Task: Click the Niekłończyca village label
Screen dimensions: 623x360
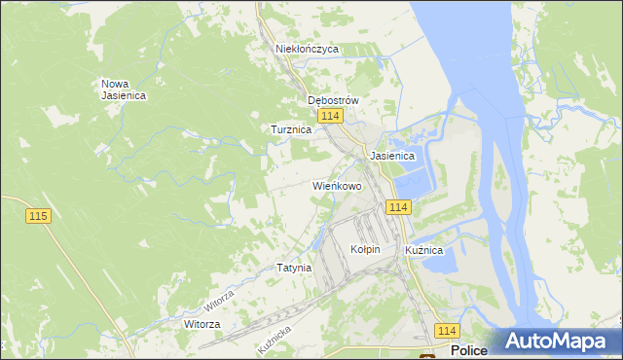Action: click(x=307, y=48)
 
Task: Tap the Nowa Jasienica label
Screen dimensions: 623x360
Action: click(x=124, y=90)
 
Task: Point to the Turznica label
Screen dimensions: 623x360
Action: click(x=290, y=128)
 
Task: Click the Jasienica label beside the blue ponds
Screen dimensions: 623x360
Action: click(x=392, y=156)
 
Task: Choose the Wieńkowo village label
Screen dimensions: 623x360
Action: click(x=337, y=185)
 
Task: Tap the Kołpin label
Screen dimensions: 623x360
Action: click(x=364, y=249)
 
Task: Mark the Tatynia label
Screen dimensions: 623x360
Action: click(x=293, y=268)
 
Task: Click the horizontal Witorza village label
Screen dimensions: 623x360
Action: click(x=202, y=323)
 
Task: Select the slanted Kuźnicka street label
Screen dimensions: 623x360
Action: click(x=275, y=338)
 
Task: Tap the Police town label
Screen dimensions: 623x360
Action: click(x=469, y=351)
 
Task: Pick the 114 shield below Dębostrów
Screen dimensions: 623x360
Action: click(x=330, y=117)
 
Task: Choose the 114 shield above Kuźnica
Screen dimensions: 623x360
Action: click(x=398, y=207)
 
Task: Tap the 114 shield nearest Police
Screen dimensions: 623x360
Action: click(x=447, y=331)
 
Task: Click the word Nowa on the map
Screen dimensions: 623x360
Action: click(x=117, y=84)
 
